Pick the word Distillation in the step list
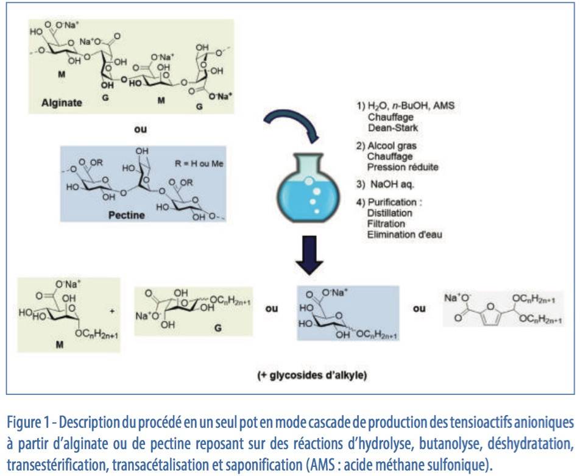(390, 213)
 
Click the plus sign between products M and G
(111, 310)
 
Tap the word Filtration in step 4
(386, 224)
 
